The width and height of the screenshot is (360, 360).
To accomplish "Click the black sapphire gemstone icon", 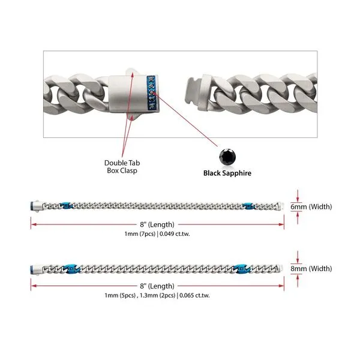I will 226,154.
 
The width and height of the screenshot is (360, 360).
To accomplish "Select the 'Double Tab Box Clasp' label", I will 122,166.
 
